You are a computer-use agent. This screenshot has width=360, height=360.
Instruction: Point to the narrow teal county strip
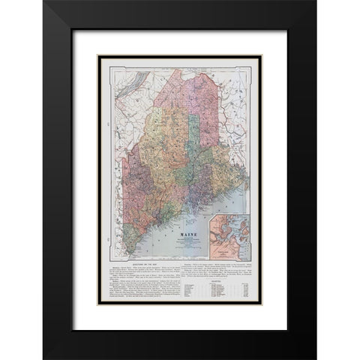click(x=193, y=135)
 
